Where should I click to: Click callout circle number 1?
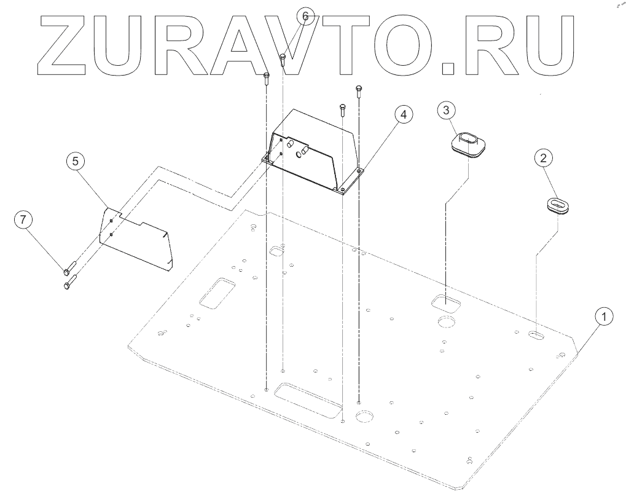pos(604,317)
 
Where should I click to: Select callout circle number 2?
pos(542,158)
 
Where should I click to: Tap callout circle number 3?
pos(447,110)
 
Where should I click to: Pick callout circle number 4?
pos(403,116)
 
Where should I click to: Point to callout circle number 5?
pos(75,161)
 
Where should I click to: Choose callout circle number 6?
pos(305,15)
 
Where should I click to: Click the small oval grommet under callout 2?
pos(558,205)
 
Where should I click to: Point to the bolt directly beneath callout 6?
pos(283,59)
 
